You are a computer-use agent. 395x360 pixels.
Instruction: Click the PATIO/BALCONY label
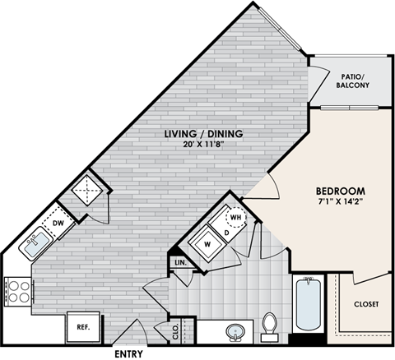351,82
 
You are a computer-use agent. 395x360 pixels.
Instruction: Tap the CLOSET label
365,304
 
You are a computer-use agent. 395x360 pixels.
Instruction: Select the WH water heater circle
236,217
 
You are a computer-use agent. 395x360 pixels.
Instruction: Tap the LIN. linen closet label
181,263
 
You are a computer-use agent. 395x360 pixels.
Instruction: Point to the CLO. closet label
176,332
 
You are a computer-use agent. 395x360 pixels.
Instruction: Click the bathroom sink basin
236,333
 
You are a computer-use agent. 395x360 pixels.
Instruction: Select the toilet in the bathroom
269,325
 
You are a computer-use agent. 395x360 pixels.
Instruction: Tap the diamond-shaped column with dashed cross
86,190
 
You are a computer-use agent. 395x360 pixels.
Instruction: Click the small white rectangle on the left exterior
35,245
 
